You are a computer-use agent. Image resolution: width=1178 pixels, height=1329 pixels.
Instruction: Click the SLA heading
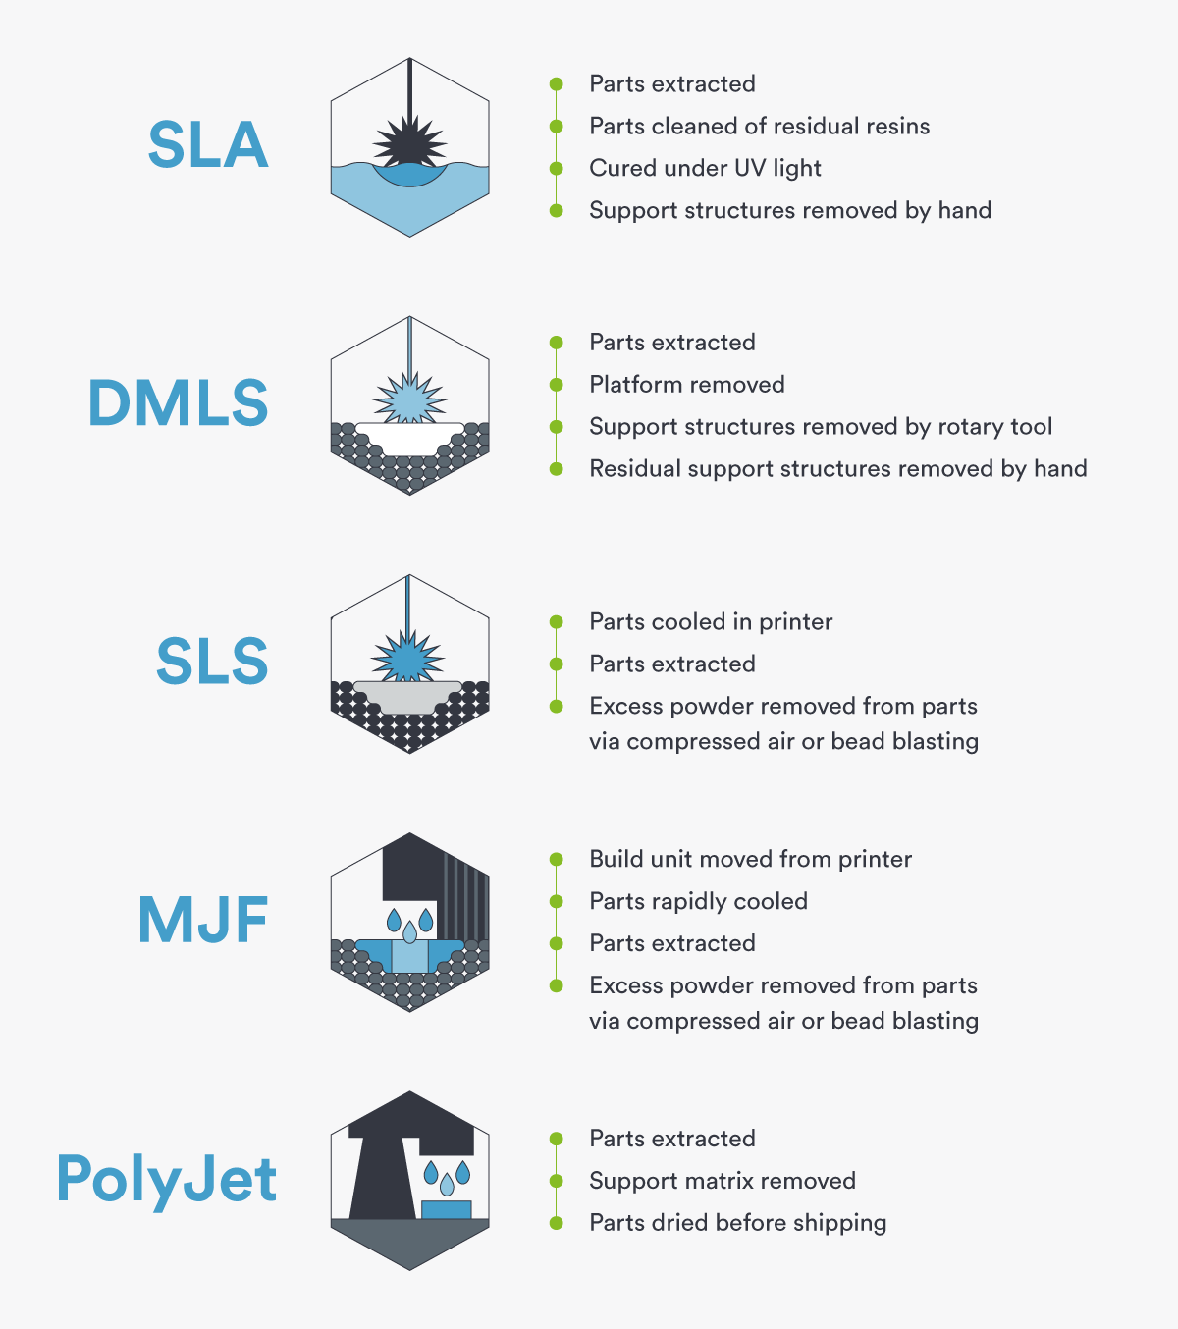208,144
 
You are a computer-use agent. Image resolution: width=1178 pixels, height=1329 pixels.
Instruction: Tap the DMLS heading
178,402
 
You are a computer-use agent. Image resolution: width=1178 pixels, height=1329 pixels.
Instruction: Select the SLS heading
212,662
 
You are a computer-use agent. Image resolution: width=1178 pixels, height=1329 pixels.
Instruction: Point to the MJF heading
203,920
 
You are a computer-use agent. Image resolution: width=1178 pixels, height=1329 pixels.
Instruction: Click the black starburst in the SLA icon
410,141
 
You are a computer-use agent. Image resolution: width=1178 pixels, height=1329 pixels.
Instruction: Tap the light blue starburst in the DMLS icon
410,399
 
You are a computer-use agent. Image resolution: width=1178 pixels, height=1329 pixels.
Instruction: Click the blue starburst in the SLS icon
408,656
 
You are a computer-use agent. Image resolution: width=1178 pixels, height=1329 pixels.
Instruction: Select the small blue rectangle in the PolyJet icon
447,1209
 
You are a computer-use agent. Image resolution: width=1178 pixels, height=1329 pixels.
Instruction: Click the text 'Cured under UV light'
705,169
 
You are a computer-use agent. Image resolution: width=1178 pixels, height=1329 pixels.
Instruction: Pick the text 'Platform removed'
686,385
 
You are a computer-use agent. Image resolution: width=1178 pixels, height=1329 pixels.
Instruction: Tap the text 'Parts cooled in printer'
711,622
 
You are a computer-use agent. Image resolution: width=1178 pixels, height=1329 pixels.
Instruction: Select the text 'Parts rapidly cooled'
698,901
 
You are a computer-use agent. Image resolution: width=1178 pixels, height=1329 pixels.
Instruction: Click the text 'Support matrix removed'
723,1181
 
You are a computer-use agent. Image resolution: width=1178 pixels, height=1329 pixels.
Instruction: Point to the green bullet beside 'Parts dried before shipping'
556,1223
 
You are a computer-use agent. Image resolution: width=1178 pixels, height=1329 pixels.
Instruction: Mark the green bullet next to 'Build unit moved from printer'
556,859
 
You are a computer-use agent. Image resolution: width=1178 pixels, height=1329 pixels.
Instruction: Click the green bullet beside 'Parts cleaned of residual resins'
556,126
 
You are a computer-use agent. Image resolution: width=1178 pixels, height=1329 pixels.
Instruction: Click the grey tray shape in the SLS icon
408,697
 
